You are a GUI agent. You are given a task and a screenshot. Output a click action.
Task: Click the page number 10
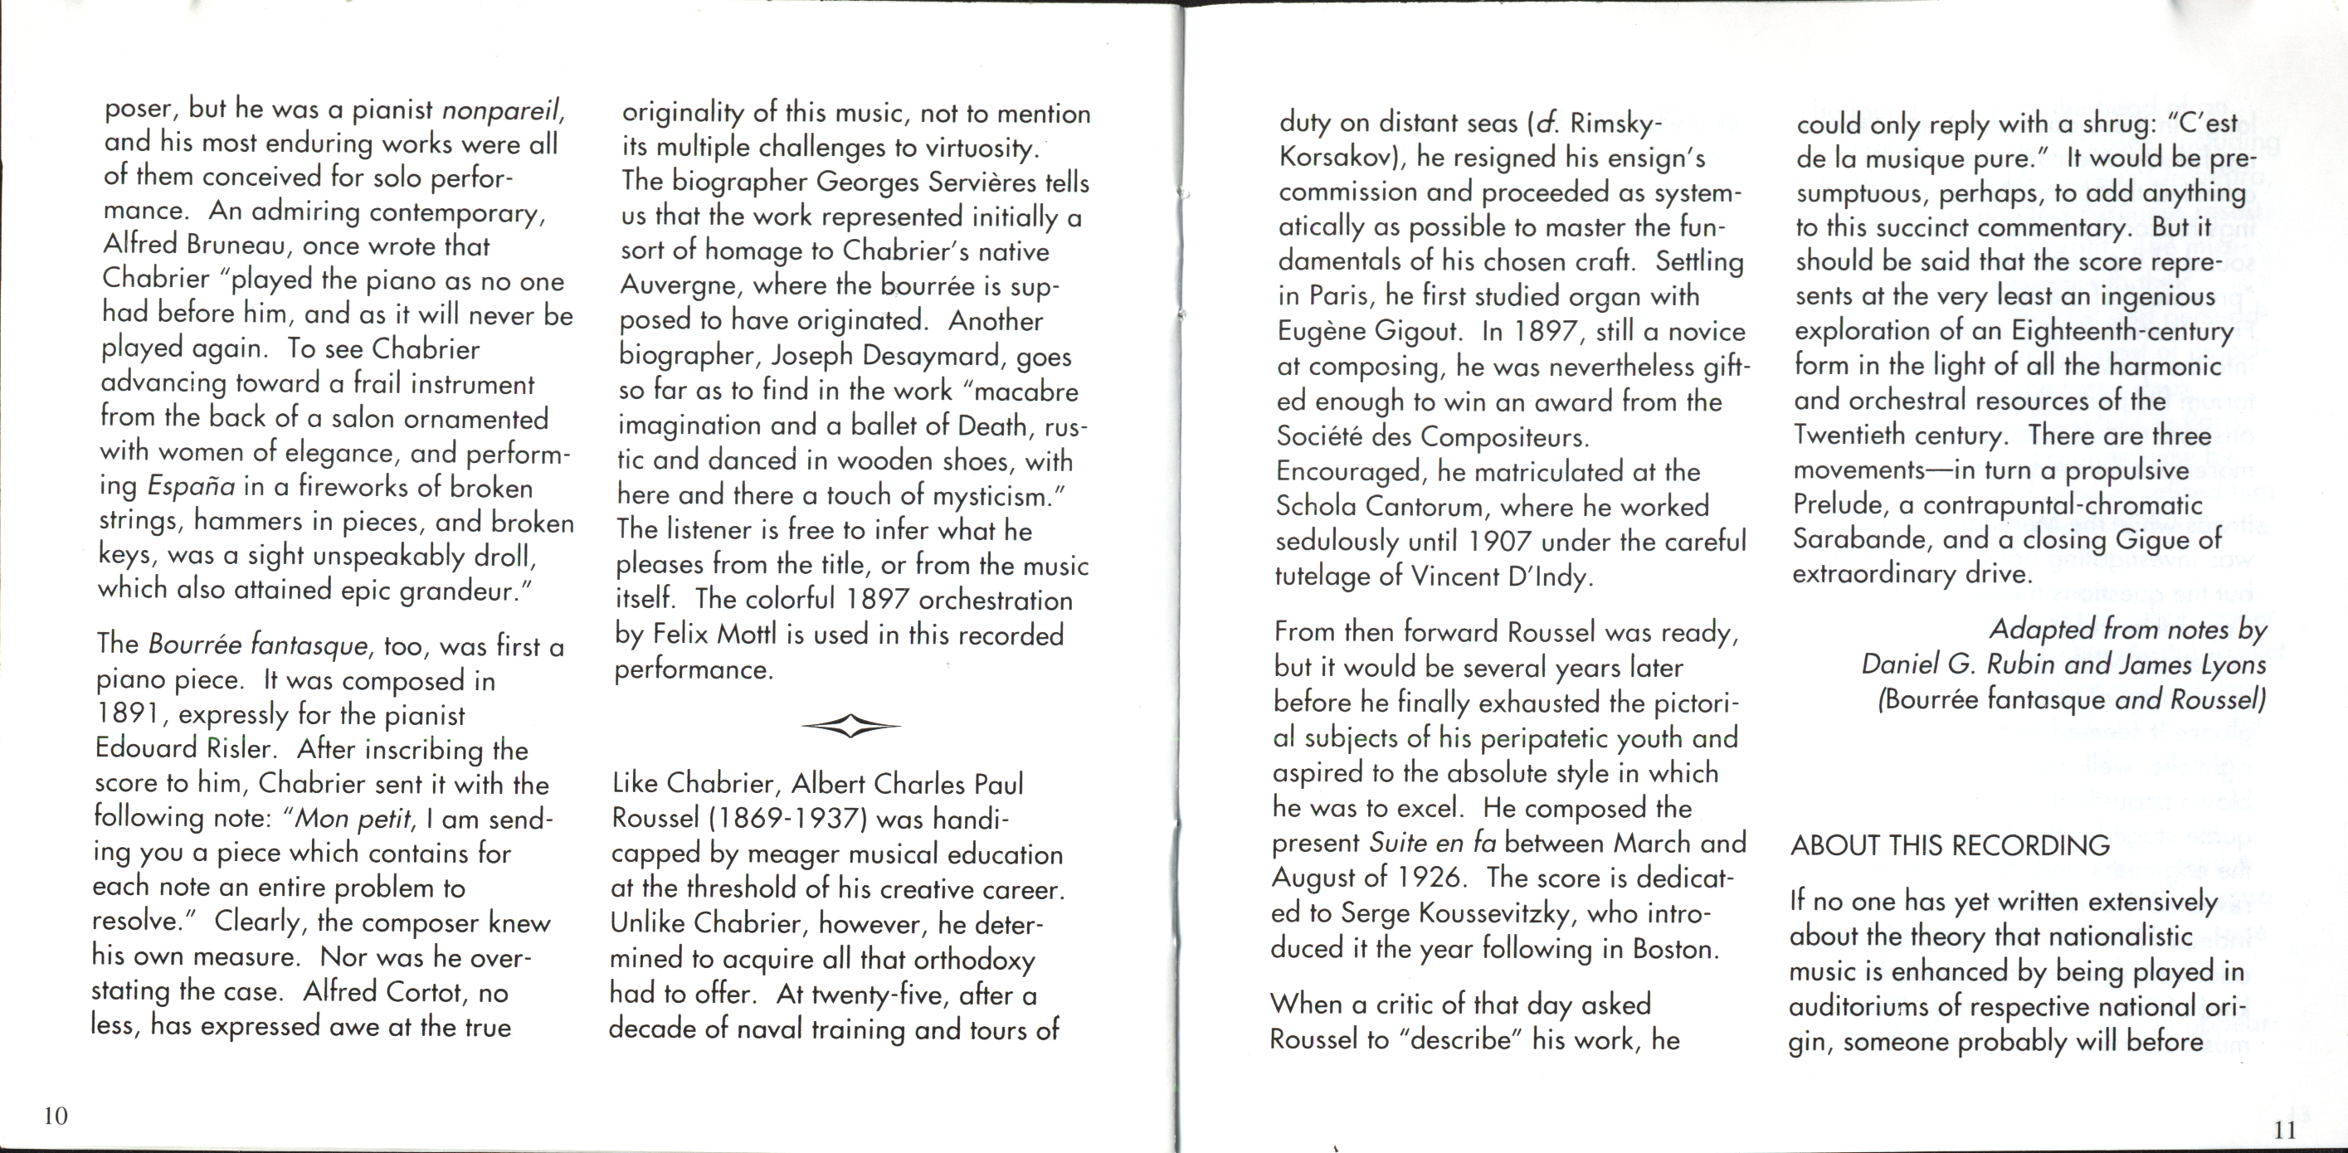[56, 1116]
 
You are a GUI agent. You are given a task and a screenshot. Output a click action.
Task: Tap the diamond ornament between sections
[850, 727]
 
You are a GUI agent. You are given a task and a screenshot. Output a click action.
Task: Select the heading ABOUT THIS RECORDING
[1950, 845]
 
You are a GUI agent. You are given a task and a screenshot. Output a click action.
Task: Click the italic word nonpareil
[502, 110]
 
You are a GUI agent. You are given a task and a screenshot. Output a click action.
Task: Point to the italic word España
[191, 486]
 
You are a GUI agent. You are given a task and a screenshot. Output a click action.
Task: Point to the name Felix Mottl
[713, 635]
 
